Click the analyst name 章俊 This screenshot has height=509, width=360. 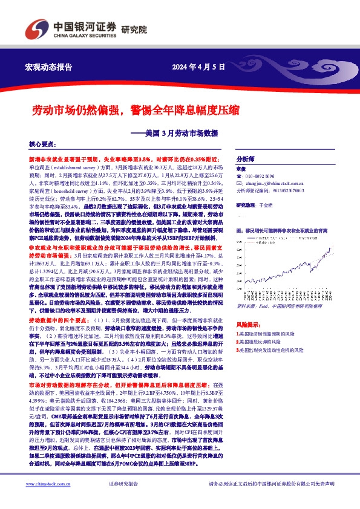coord(241,169)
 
